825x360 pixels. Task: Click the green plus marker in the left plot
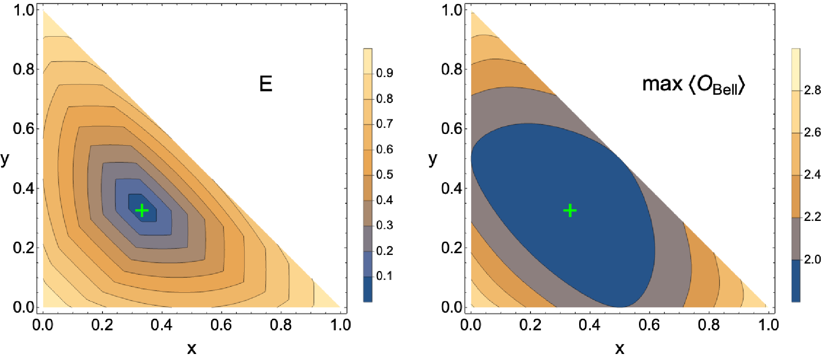point(142,211)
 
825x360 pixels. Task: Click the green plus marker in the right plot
point(570,211)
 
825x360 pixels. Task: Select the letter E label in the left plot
point(266,84)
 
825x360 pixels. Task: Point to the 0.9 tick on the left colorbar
point(384,73)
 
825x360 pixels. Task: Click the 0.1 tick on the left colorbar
point(384,276)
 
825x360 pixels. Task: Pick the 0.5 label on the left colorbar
point(384,175)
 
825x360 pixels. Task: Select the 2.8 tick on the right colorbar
point(812,90)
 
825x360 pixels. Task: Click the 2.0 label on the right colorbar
point(812,259)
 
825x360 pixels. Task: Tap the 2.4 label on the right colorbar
point(812,175)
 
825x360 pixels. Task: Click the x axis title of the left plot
point(192,348)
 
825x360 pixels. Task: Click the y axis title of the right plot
point(433,159)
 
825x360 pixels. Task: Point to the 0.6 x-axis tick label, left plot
point(221,325)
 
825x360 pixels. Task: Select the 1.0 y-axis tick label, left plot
point(24,10)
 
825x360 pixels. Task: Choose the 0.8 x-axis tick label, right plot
point(709,325)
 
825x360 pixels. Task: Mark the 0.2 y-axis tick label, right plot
point(452,248)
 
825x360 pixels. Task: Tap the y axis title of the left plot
point(5,159)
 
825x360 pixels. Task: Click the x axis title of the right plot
point(620,348)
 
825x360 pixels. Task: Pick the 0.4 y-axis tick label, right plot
point(452,188)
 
